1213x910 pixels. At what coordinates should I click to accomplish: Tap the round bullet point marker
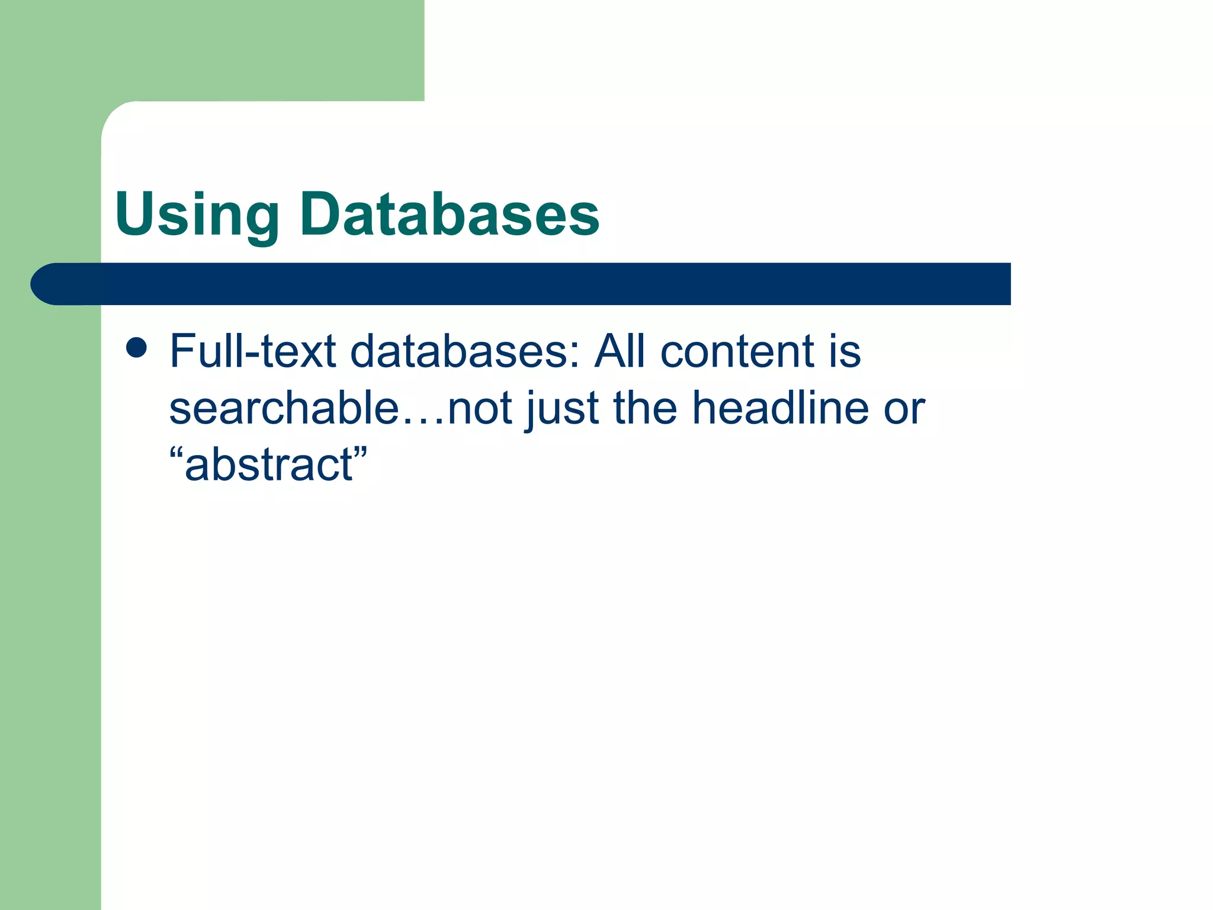point(136,348)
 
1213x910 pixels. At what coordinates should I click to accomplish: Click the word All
point(620,351)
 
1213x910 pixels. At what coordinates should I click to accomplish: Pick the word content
point(737,351)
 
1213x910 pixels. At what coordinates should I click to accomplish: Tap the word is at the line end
point(845,351)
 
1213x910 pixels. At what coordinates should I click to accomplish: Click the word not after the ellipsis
point(480,409)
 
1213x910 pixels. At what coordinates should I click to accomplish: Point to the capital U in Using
point(136,213)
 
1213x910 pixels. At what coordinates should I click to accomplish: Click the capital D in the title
point(323,213)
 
